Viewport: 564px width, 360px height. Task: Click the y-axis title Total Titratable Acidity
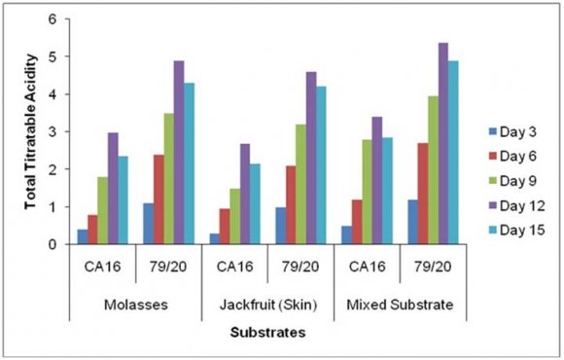tap(28, 131)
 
